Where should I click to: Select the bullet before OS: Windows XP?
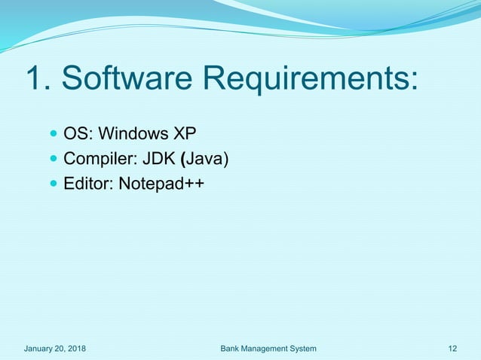[53, 135]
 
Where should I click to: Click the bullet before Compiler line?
[53, 159]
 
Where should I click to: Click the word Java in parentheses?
[205, 159]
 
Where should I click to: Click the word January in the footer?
[40, 348]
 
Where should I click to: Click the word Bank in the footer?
[231, 348]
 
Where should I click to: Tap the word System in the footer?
[305, 348]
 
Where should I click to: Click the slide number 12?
[452, 348]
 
